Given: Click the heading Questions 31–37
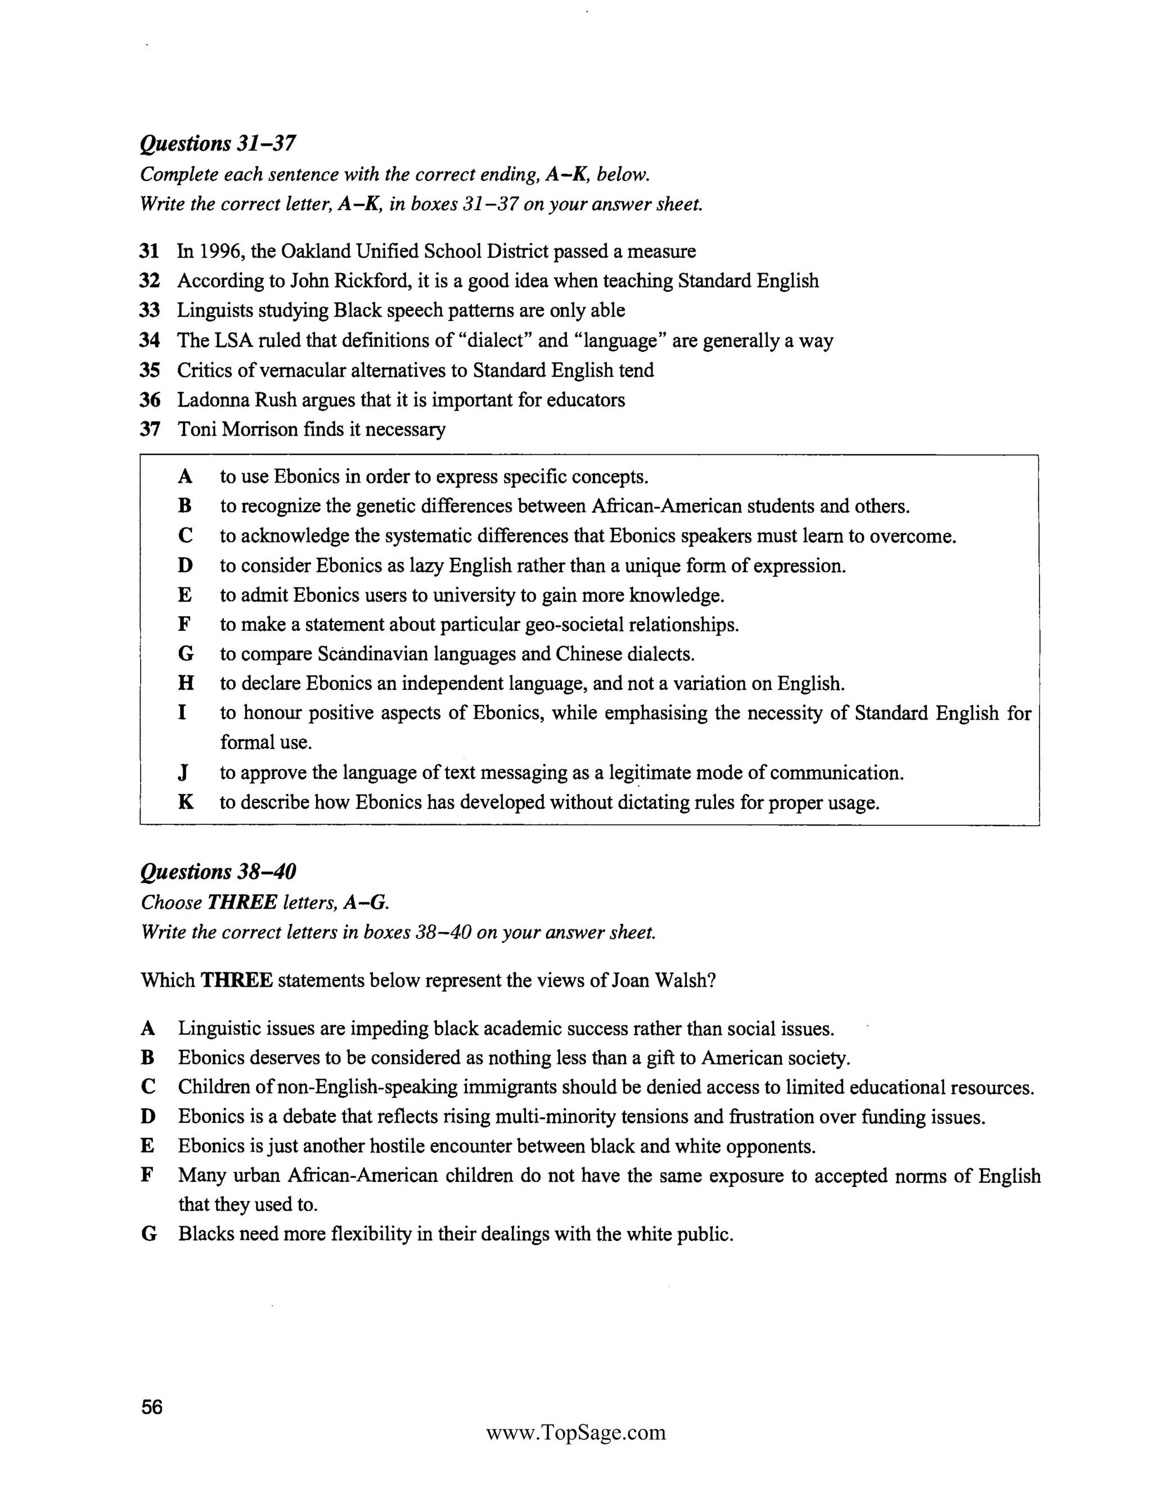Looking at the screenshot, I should (218, 143).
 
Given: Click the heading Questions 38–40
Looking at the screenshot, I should (218, 872).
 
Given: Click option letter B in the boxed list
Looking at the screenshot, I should (184, 506).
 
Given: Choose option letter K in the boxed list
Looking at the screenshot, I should (185, 802).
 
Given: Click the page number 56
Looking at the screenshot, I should (151, 1407).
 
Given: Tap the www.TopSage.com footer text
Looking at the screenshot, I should (575, 1432).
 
